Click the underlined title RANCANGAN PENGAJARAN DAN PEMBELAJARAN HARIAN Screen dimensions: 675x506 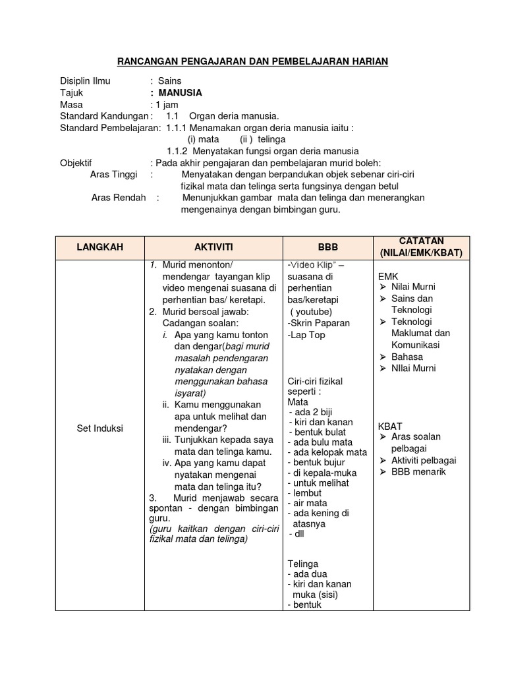[x=252, y=61]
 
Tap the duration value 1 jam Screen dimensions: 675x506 [x=167, y=104]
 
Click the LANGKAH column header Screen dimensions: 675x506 [x=99, y=247]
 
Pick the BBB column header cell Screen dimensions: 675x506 [x=327, y=247]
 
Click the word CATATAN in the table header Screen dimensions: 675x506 [x=421, y=241]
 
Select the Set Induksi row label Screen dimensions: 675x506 [x=99, y=428]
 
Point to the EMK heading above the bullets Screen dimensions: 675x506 [x=388, y=276]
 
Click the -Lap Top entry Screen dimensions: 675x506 [x=306, y=335]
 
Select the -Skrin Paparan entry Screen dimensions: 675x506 [x=319, y=323]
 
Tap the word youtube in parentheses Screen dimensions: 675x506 [x=312, y=312]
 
